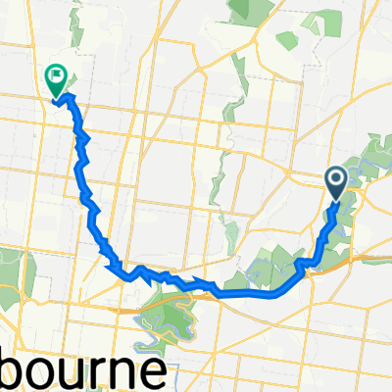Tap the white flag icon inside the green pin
pos(56,73)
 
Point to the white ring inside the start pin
pos(335,178)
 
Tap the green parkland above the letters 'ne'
pos(171,323)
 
